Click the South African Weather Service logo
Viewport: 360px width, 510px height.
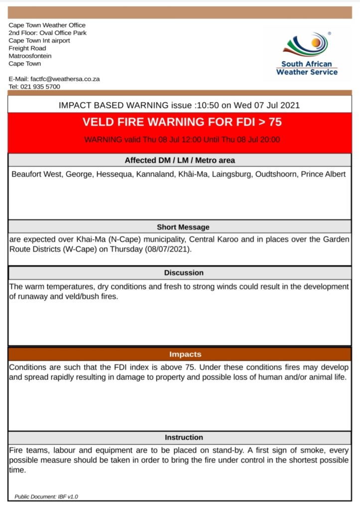307,54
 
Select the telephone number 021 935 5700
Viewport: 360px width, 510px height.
40,87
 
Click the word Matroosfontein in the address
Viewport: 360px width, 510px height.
30,56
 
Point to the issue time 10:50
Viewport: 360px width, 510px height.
207,105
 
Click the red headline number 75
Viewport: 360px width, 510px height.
275,122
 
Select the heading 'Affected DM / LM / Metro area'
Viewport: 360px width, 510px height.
180,160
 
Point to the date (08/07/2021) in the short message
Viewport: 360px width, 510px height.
167,249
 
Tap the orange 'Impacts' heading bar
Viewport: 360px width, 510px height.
180,355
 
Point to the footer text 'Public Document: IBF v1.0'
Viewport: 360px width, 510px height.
46,497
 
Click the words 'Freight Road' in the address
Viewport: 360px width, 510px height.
27,48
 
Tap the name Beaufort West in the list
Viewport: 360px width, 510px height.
36,175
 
